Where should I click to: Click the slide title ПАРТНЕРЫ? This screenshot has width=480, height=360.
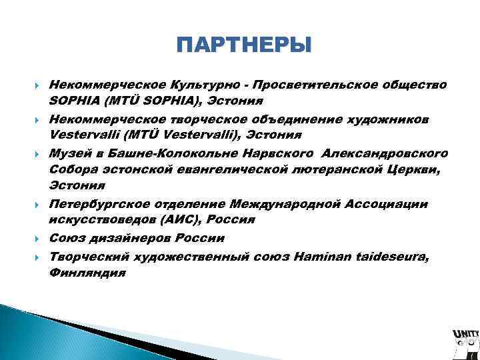click(244, 46)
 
